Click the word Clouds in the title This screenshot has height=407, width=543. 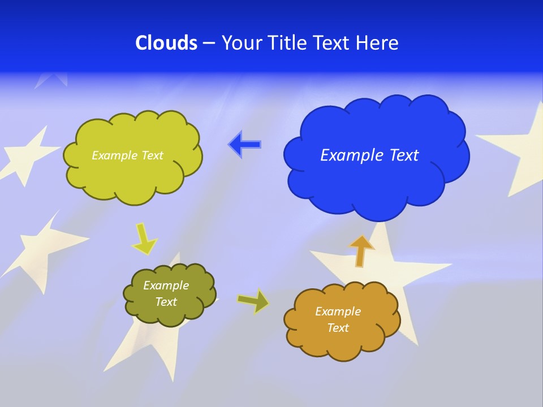pyautogui.click(x=166, y=43)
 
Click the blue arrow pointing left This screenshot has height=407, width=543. pyautogui.click(x=244, y=145)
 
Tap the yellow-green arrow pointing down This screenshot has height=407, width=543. pyautogui.click(x=144, y=239)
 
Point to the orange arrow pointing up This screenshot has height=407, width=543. pyautogui.click(x=361, y=250)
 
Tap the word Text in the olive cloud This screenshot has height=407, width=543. pyautogui.click(x=166, y=302)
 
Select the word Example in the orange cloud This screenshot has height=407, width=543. pyautogui.click(x=338, y=311)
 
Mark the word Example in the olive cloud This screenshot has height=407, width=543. pyautogui.click(x=166, y=285)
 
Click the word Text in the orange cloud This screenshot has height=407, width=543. pyautogui.click(x=338, y=328)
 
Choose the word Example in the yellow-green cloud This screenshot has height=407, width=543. pyautogui.click(x=114, y=155)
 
